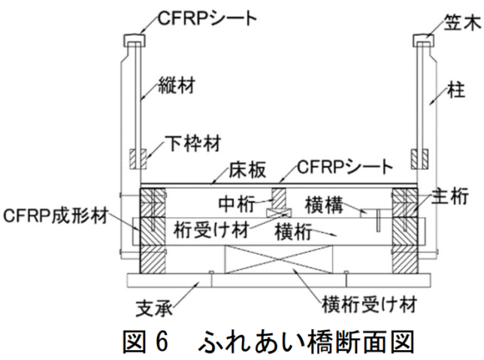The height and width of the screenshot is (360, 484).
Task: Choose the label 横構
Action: coord(325,204)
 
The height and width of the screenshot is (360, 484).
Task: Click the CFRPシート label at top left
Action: coord(200,17)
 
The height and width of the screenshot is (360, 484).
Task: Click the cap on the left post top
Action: coord(133,38)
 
